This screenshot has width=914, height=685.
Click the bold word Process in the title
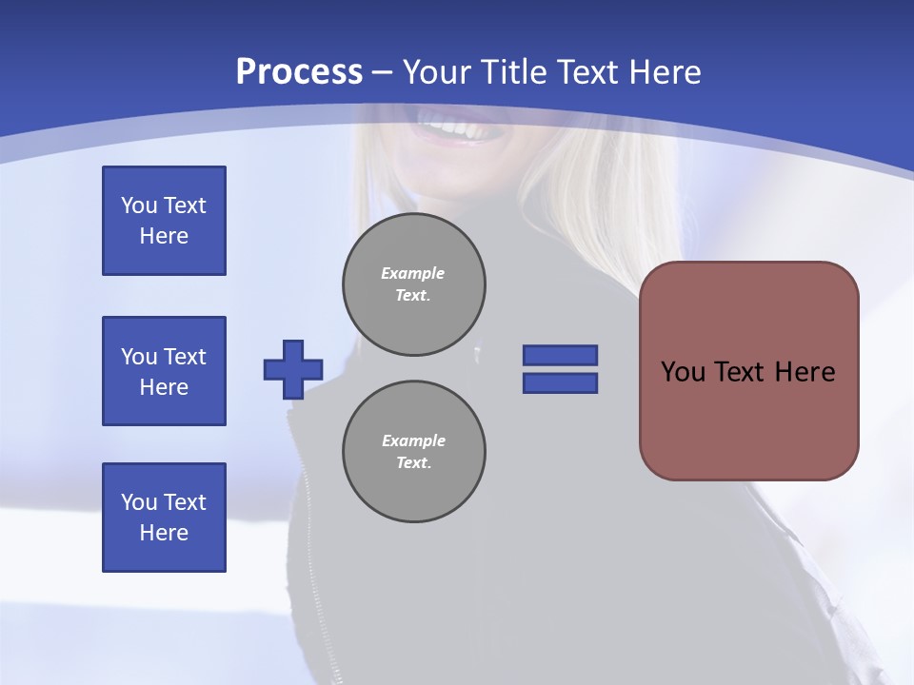tap(299, 72)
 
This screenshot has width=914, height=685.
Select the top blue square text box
tap(164, 221)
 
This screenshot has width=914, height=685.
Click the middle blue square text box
tap(164, 371)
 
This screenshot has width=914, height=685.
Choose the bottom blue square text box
tap(164, 518)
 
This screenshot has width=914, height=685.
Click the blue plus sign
tap(293, 369)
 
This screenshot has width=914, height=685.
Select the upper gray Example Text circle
tap(414, 284)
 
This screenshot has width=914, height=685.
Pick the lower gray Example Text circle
tap(414, 452)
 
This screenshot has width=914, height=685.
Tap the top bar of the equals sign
tap(560, 355)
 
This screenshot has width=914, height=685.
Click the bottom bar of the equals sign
tap(560, 383)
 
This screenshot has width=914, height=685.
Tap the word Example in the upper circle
tap(412, 273)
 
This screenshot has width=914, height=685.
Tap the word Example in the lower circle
tap(413, 440)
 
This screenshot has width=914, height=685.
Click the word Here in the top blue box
tap(164, 236)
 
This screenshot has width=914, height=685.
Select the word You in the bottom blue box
tap(138, 502)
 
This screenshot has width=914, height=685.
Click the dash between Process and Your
tap(383, 72)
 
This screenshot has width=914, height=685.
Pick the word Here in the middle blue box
tap(164, 387)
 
